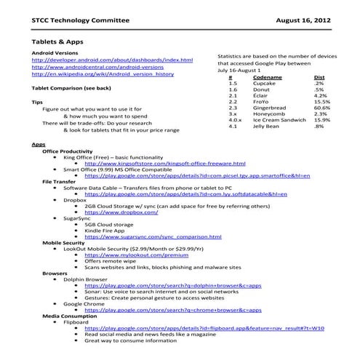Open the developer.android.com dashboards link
(x=113, y=60)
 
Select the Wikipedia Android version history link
(x=103, y=73)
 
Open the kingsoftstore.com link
(x=166, y=164)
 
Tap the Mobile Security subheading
(x=68, y=242)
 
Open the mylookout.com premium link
(x=132, y=256)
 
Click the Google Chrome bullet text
(x=88, y=303)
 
